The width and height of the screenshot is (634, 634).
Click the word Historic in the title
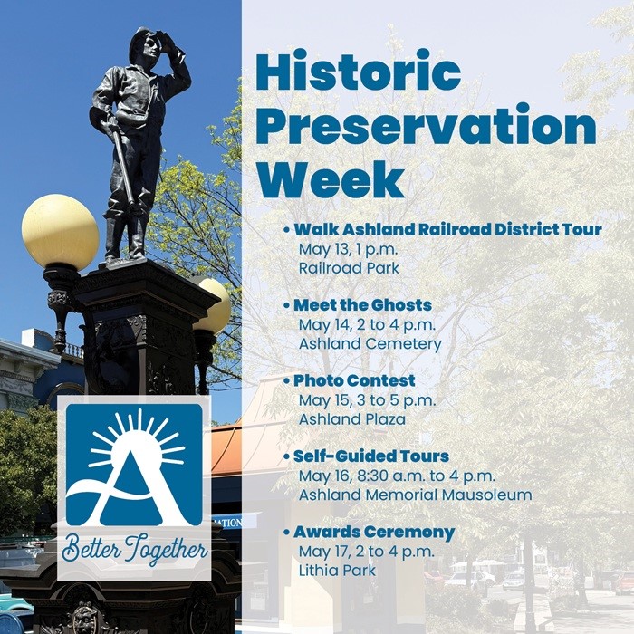pyautogui.click(x=359, y=72)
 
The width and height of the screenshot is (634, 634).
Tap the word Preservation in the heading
pyautogui.click(x=426, y=126)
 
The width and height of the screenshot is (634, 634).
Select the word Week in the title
pyautogui.click(x=330, y=178)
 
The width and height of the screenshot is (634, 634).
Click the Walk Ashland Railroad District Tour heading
pyautogui.click(x=447, y=229)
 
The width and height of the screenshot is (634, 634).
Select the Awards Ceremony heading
pyautogui.click(x=374, y=532)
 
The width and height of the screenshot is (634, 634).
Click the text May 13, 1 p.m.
pyautogui.click(x=346, y=249)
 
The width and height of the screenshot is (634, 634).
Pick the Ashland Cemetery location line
pyautogui.click(x=370, y=344)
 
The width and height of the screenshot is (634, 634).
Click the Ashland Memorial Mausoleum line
pyautogui.click(x=415, y=495)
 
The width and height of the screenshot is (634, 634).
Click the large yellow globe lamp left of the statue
pyautogui.click(x=60, y=232)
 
